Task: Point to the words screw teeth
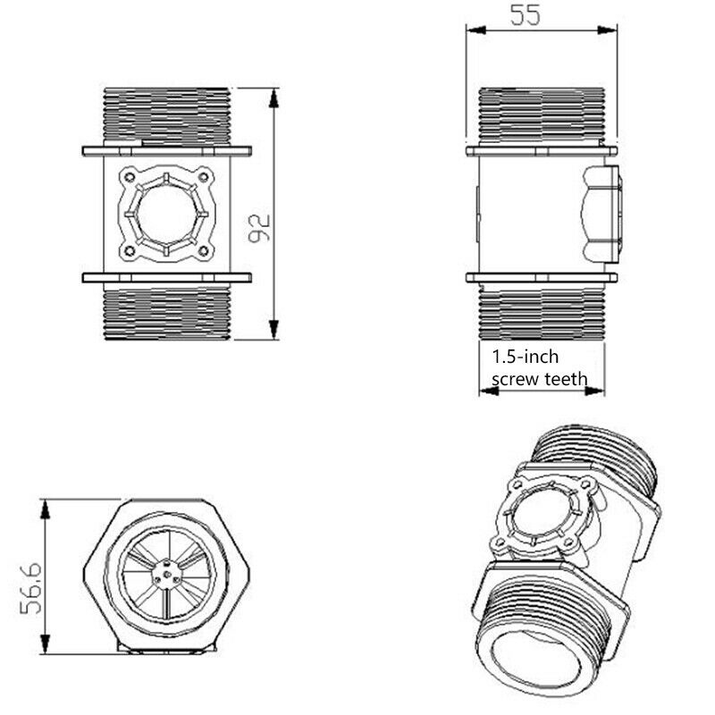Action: [x=540, y=379]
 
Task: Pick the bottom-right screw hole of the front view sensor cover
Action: [x=203, y=251]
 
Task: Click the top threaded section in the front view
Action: [x=167, y=116]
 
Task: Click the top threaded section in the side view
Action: [x=543, y=116]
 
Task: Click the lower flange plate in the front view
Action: [x=167, y=278]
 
